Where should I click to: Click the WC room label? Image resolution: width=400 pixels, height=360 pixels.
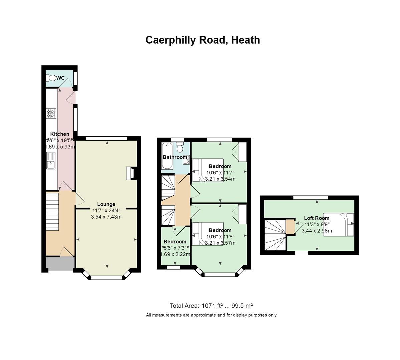(x=60, y=78)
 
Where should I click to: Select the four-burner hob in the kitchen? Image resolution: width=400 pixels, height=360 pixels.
(x=51, y=113)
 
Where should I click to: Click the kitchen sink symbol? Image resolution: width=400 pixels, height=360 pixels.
(x=51, y=161)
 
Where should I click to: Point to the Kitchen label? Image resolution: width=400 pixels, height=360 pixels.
(x=60, y=134)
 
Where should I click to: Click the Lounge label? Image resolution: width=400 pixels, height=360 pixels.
(x=106, y=204)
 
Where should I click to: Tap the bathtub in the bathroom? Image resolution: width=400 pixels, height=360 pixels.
(x=167, y=156)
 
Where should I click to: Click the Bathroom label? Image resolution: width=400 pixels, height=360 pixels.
(x=175, y=157)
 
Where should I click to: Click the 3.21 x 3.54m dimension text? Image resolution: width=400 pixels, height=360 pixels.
(x=220, y=179)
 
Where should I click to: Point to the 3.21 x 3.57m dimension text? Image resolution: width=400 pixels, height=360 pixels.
(x=220, y=243)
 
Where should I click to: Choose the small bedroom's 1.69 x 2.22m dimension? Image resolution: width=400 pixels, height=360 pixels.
(x=175, y=254)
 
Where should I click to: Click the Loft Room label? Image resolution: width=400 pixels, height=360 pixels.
(x=317, y=218)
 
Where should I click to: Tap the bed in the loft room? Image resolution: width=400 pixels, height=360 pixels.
(x=339, y=225)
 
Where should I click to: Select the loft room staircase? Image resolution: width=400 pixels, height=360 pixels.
(x=275, y=235)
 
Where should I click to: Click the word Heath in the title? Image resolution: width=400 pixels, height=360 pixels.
(x=246, y=40)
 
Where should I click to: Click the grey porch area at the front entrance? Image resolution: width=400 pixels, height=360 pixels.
(x=60, y=263)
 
